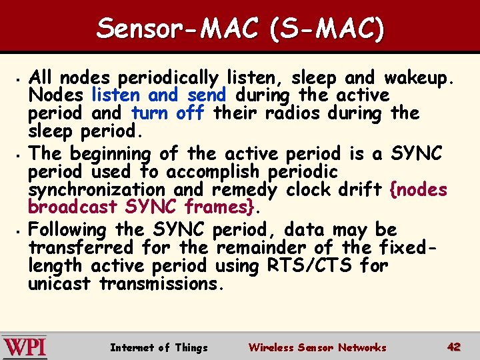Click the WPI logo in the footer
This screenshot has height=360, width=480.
24,347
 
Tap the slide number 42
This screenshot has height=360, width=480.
454,347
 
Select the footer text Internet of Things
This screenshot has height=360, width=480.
159,347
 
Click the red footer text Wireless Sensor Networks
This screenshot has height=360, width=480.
317,347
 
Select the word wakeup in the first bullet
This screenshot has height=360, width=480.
417,77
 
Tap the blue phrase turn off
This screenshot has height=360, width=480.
168,113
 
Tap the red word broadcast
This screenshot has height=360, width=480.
73,207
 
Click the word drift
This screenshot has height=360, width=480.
361,190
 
